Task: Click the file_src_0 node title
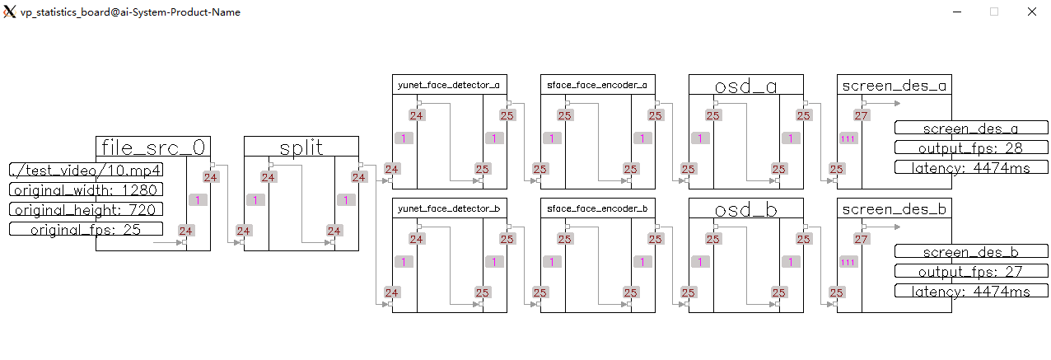153,147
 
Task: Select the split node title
301,147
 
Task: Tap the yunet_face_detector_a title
448,85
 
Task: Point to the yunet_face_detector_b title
448,209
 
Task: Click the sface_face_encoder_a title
596,85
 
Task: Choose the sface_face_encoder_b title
596,209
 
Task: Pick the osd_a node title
745,85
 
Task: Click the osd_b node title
745,209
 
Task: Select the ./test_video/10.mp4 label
86,170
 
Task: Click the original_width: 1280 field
86,189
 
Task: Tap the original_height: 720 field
86,209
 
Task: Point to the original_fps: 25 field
86,229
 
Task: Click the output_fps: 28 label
971,147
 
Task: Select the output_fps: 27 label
971,271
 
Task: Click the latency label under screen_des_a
971,167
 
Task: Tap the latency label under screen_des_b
971,291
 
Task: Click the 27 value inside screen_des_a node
861,116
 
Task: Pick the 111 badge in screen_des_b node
847,262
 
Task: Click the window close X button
1031,12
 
